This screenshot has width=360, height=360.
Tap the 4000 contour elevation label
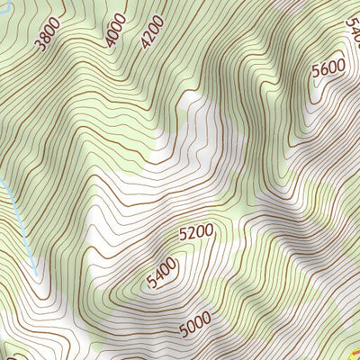(x=116, y=31)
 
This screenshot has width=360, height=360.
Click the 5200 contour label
(x=196, y=232)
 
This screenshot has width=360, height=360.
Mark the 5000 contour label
(x=194, y=322)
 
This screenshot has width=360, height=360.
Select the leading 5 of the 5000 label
(x=183, y=328)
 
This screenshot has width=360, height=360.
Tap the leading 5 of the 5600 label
(x=318, y=79)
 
